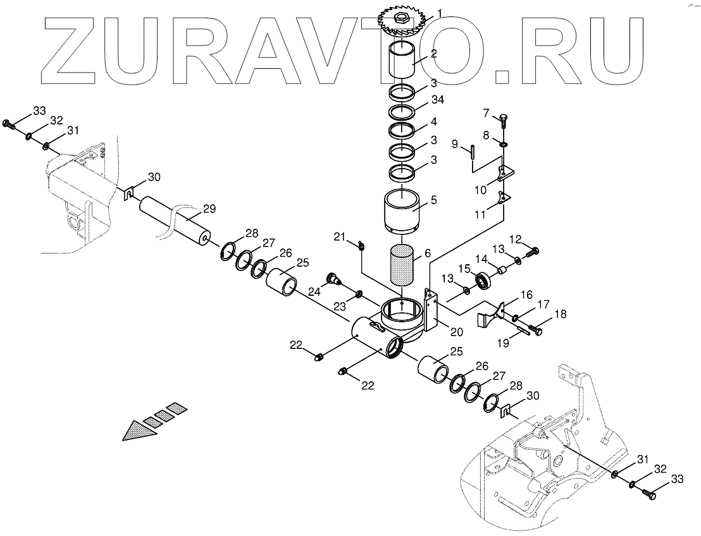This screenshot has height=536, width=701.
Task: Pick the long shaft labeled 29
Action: click(x=176, y=220)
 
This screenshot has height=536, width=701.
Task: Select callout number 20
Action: click(x=456, y=331)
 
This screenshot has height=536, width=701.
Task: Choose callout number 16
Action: click(x=526, y=295)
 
